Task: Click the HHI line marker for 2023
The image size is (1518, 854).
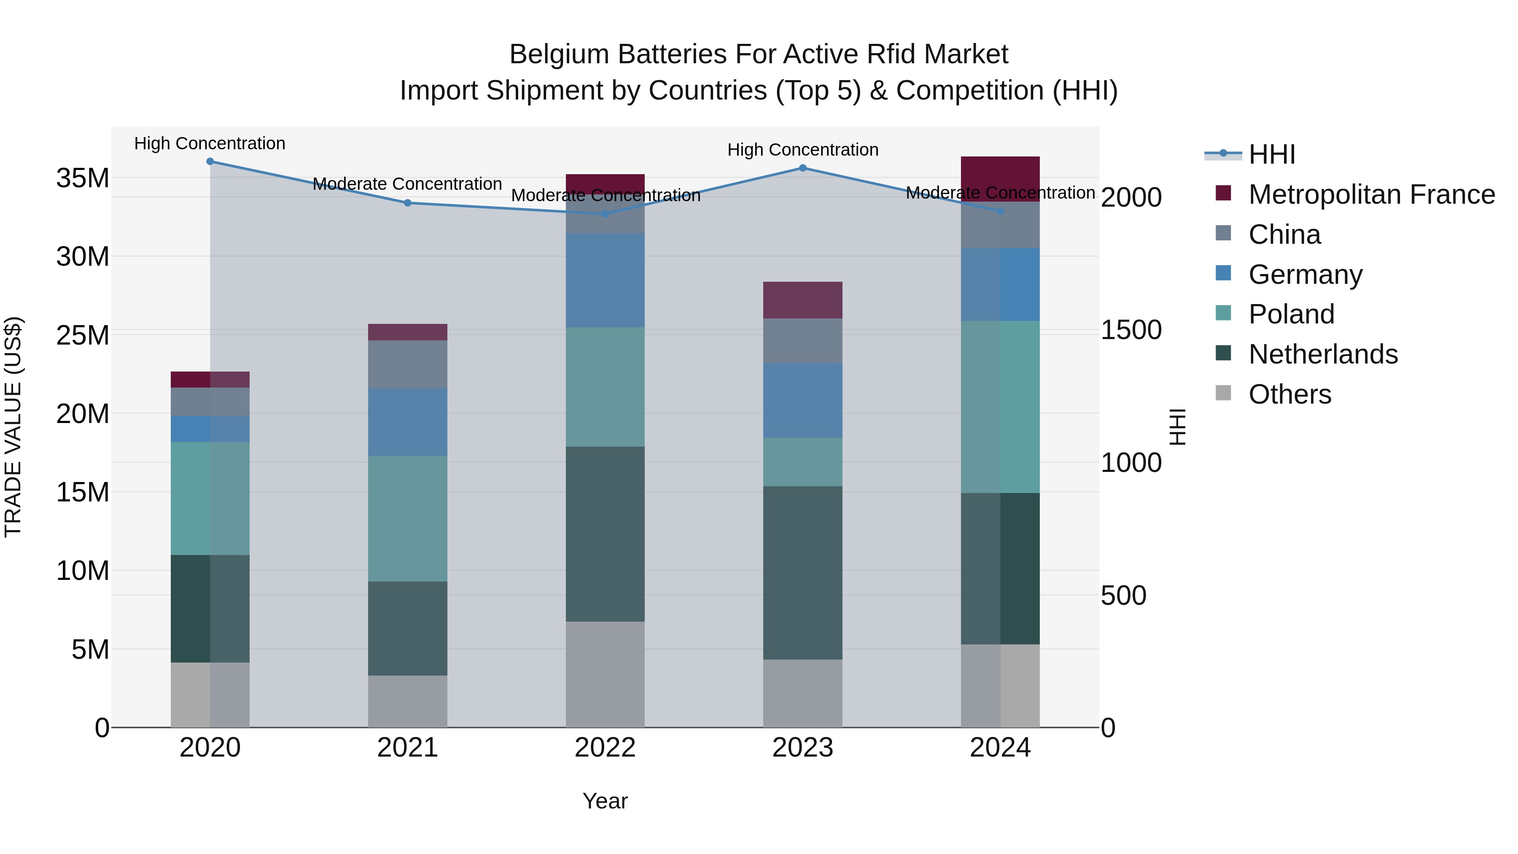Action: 802,168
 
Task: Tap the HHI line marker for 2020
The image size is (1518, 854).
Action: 210,162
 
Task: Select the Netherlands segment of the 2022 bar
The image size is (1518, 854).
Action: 605,534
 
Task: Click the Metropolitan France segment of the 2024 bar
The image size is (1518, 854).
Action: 1000,179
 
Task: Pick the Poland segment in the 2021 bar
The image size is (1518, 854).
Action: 407,519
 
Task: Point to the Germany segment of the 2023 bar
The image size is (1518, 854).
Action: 802,401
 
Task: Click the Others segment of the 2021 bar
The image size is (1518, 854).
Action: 407,701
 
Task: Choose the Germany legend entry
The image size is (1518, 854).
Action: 1305,275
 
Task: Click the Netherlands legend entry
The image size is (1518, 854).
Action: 1323,354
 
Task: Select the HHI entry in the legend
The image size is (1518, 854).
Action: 1272,154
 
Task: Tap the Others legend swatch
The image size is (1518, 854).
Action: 1223,393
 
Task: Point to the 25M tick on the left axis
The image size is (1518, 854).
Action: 83,335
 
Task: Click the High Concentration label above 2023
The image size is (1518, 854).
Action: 802,150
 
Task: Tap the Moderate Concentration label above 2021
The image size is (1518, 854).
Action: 407,184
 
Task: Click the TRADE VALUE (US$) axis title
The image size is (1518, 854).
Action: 13,427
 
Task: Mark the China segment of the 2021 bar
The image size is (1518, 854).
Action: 407,364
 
